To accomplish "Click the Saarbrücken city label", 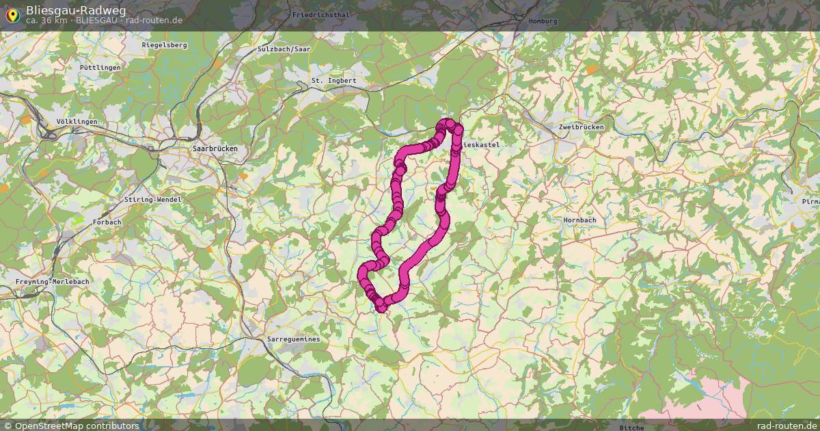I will [x=215, y=148].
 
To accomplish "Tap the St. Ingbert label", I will [x=333, y=81].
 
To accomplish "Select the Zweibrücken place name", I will [x=581, y=127].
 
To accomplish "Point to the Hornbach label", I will [x=579, y=220].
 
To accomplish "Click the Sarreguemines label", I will [x=293, y=339].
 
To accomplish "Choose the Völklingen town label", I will [x=77, y=122].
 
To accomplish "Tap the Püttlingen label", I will [x=100, y=68].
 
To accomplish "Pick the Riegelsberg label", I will [x=164, y=45].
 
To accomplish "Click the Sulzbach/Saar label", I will [x=284, y=49].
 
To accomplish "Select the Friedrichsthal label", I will [x=320, y=14].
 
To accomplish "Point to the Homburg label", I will [x=543, y=21].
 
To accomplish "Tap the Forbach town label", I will [x=107, y=222].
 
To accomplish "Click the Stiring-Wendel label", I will [x=153, y=199].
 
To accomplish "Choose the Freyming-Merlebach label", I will [x=53, y=282].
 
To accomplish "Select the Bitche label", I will [x=631, y=428].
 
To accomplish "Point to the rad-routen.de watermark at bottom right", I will [x=787, y=426].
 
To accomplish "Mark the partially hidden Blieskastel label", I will [x=482, y=145].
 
